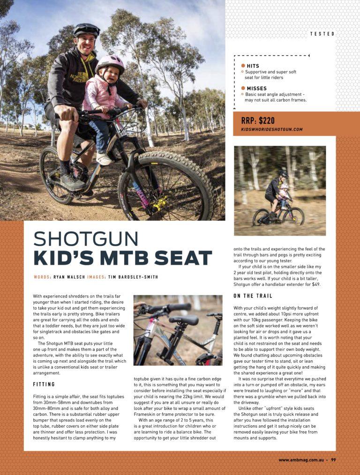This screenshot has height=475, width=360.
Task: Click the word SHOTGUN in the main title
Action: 86,239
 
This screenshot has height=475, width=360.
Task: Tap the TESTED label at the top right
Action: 322,34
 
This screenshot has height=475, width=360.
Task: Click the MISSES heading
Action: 256,88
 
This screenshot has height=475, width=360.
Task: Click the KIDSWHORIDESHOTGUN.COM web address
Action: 272,129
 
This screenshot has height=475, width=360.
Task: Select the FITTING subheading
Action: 44,385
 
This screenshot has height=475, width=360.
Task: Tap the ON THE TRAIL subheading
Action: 253,296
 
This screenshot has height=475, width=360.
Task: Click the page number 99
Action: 333,460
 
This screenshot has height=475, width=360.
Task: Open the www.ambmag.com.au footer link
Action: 300,460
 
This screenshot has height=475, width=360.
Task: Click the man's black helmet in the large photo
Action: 86,30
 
